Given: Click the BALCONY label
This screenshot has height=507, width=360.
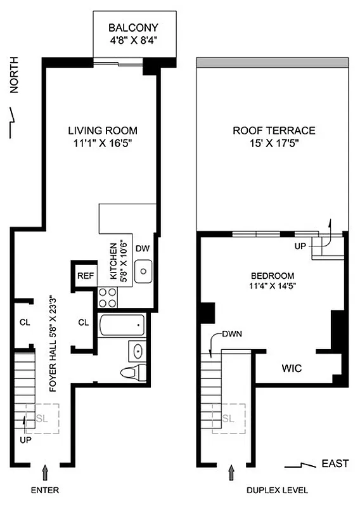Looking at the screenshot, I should click(x=133, y=28).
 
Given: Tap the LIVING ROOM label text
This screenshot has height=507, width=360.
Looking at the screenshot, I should click(x=103, y=131).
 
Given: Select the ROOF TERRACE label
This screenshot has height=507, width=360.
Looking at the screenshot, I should click(x=274, y=131).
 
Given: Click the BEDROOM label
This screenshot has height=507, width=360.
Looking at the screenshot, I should click(x=273, y=276).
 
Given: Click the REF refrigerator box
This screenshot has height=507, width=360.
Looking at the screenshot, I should click(x=85, y=276).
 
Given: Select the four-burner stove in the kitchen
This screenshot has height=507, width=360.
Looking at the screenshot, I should click(x=106, y=297).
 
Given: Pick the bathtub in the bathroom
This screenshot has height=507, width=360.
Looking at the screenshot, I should click(x=122, y=327).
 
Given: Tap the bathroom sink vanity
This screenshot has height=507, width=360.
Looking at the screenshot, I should click(x=137, y=350).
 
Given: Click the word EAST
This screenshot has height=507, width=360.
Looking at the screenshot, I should click(x=334, y=464).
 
